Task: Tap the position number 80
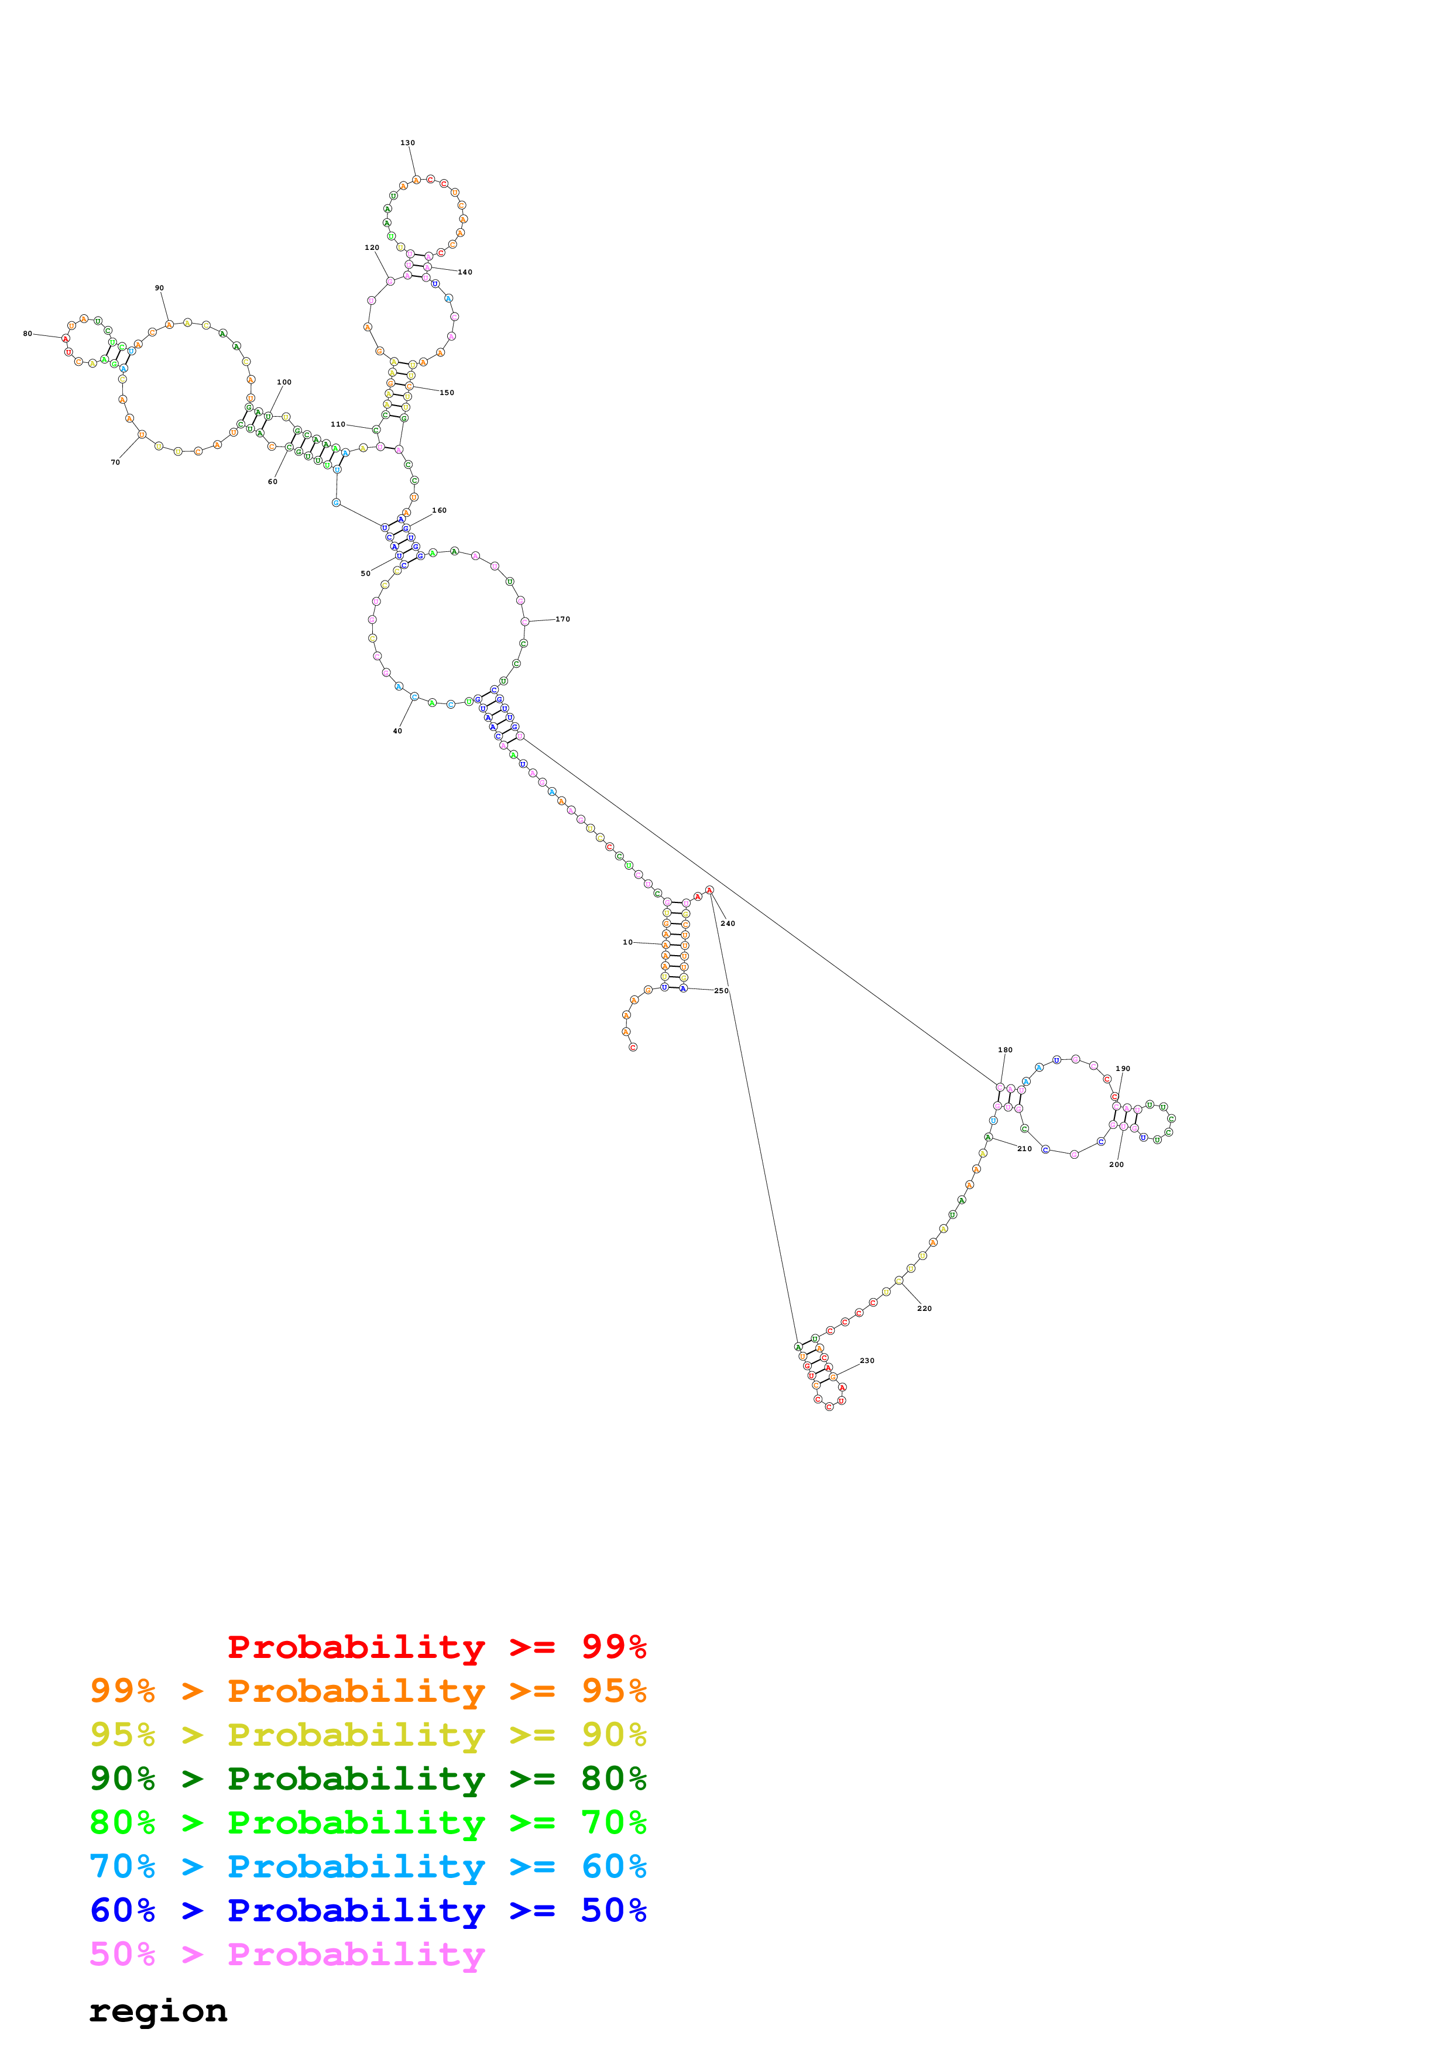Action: click(27, 334)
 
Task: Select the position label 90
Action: click(159, 288)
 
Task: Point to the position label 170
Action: click(562, 619)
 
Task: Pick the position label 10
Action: click(627, 942)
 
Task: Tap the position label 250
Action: click(721, 991)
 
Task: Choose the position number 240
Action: click(728, 923)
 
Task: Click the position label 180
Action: click(1005, 1050)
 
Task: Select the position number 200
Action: click(1116, 1164)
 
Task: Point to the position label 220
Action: click(924, 1308)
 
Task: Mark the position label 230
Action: click(866, 1360)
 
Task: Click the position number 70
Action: click(115, 462)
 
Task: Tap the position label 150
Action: click(446, 393)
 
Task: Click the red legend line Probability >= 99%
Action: click(436, 1646)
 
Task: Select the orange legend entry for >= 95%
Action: click(368, 1690)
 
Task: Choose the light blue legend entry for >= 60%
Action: click(368, 1866)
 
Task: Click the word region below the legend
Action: click(158, 2011)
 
